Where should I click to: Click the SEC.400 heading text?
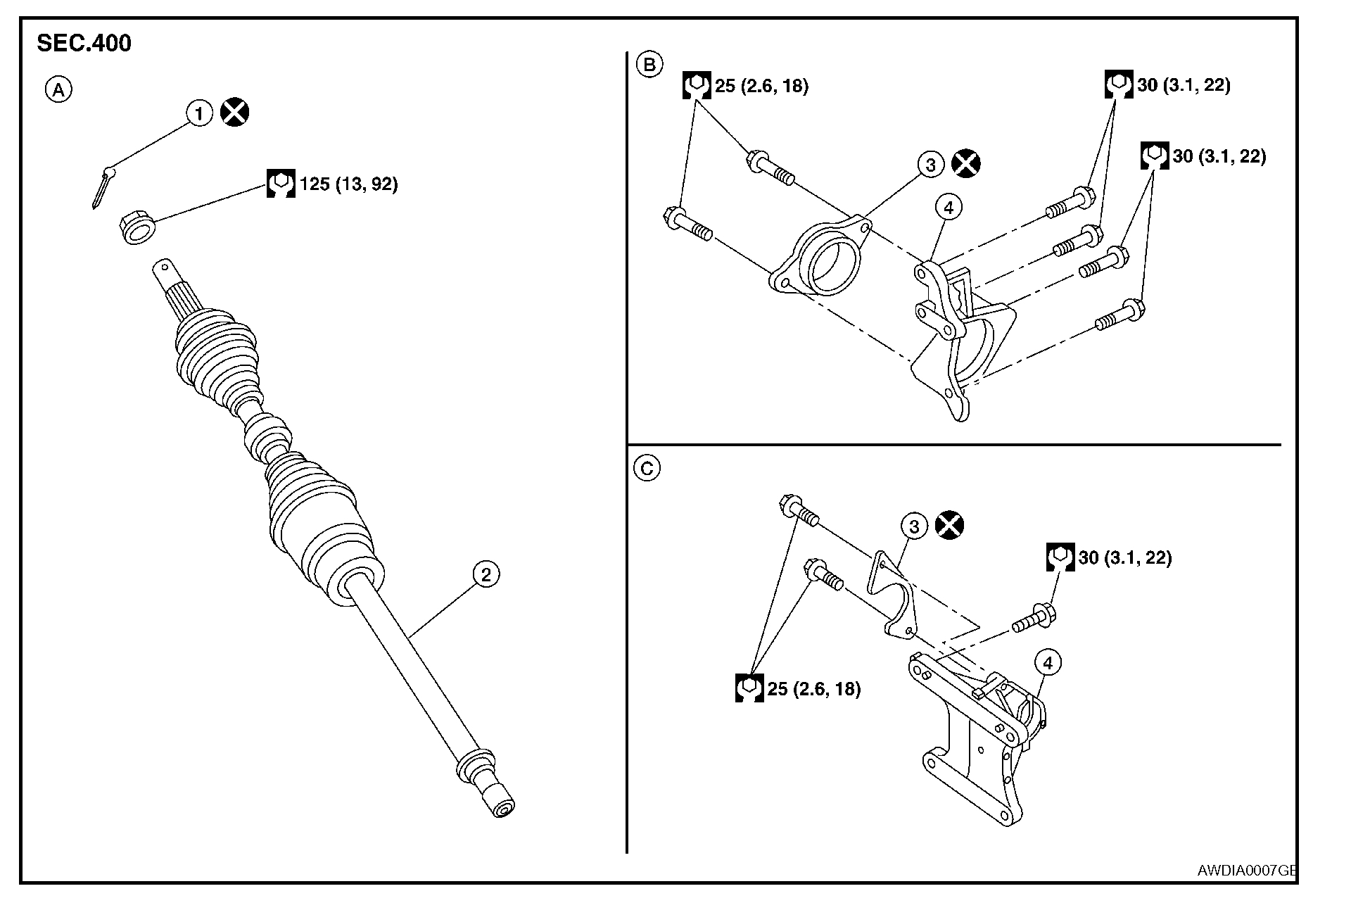84,44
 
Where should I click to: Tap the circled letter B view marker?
649,65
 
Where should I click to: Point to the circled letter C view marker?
647,468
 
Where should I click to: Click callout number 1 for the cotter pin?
199,113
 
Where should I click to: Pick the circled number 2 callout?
486,574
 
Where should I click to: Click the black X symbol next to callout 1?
235,113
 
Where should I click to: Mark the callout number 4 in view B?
949,208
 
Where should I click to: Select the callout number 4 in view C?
1048,663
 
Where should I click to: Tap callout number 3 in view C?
914,526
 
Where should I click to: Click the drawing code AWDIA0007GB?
1246,871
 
